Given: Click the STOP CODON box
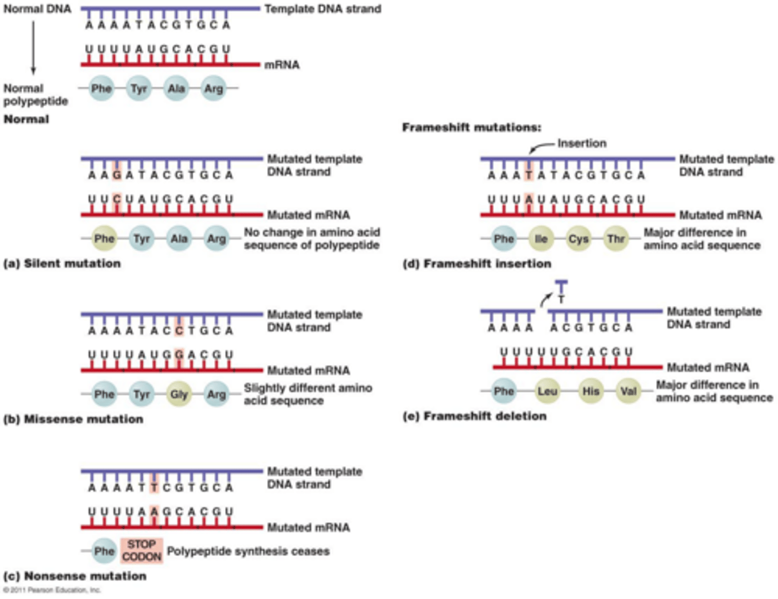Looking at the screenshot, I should (x=142, y=550).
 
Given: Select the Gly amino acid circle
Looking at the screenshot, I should (x=179, y=395).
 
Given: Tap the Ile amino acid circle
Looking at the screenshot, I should (x=541, y=239).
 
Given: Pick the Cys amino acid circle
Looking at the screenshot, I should (x=578, y=239).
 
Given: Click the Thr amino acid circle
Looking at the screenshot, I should (x=616, y=239).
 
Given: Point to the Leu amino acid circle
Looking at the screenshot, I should (x=547, y=391).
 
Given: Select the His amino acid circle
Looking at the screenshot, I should (x=591, y=391).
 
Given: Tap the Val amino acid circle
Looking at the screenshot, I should (x=628, y=391).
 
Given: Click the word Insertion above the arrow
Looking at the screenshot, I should (x=582, y=143).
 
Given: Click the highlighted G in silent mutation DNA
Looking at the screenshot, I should (x=117, y=175).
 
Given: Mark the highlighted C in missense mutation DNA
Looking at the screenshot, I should (x=179, y=330).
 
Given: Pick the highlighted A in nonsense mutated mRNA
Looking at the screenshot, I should (x=155, y=511).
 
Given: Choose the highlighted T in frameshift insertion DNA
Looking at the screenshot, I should (x=529, y=175).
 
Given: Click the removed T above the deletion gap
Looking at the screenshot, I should (x=561, y=299).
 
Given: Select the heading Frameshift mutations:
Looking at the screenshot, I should (x=471, y=128).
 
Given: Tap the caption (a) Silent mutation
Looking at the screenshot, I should (x=62, y=264).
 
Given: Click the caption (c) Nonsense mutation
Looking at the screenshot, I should (x=75, y=576).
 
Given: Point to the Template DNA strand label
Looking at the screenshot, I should (x=323, y=9).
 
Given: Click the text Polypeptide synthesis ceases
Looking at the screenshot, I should (x=248, y=551).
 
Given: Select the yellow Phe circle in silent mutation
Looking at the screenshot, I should (x=104, y=239).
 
